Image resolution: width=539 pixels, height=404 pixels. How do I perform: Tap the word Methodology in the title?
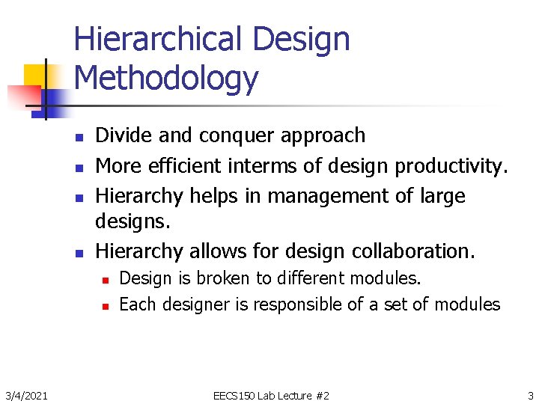166,78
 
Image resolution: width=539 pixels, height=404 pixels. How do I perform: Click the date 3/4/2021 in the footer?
28,395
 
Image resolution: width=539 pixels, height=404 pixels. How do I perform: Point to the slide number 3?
530,395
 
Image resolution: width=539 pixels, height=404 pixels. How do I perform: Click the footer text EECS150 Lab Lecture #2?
271,395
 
